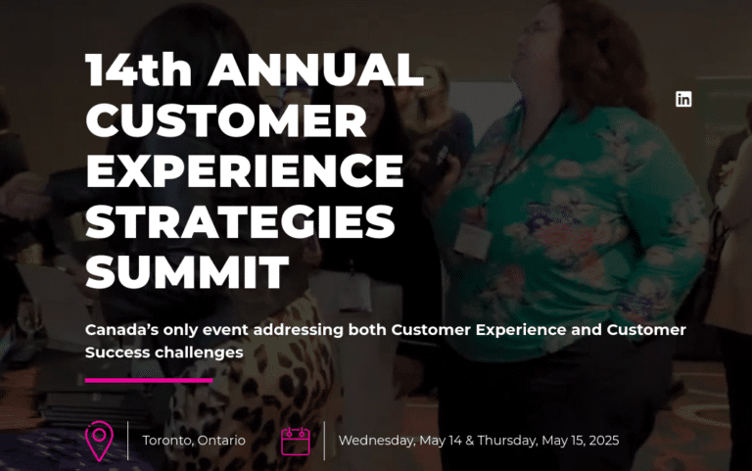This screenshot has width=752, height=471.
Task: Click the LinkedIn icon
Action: [x=683, y=99]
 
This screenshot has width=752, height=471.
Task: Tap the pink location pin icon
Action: [x=99, y=441]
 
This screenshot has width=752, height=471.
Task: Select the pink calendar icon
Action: [x=295, y=441]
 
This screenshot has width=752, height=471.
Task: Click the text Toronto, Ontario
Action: [x=194, y=441]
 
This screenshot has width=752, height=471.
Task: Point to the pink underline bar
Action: [x=149, y=380]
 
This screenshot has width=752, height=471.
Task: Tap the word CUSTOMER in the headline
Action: [x=226, y=121]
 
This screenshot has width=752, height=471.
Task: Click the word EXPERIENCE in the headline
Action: [x=244, y=172]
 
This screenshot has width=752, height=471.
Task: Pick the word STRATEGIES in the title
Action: [x=240, y=222]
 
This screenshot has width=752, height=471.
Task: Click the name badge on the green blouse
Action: [x=472, y=241]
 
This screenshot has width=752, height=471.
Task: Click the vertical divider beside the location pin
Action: [x=128, y=441]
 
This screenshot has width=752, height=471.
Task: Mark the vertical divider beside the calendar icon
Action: [x=324, y=441]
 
